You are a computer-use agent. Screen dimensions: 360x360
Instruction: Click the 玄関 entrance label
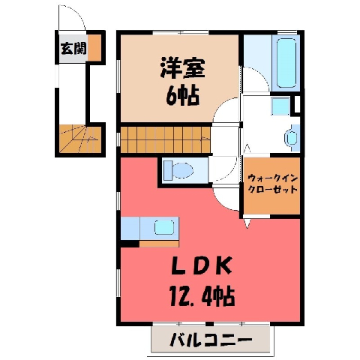click(x=73, y=49)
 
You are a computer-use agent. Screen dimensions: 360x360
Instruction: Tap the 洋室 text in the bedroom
click(x=182, y=67)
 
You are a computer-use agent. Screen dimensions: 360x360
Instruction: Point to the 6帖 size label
click(x=183, y=96)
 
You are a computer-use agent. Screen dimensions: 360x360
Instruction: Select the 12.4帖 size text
click(x=202, y=296)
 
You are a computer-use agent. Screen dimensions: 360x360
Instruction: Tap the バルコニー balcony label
click(x=211, y=340)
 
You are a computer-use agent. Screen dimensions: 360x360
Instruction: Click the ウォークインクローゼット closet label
click(x=272, y=184)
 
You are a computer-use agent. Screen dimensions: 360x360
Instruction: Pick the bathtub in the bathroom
click(x=286, y=63)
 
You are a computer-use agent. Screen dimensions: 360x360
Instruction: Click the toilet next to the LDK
click(x=178, y=170)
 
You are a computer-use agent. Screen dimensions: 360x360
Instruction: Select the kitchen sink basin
click(x=164, y=227)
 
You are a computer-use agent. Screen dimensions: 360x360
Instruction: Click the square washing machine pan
click(x=281, y=106)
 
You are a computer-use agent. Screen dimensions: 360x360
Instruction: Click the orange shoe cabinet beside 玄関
click(x=94, y=47)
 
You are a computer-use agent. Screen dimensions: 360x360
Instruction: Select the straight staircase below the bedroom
click(x=166, y=139)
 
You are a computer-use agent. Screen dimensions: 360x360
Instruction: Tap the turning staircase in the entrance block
click(x=80, y=139)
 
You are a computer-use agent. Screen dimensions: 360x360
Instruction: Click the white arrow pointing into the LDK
click(x=247, y=223)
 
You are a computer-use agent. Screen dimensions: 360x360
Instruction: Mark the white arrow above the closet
click(x=247, y=148)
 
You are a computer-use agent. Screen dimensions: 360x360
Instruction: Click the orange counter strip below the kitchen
click(x=159, y=244)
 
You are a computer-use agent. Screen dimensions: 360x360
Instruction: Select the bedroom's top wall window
click(x=181, y=32)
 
